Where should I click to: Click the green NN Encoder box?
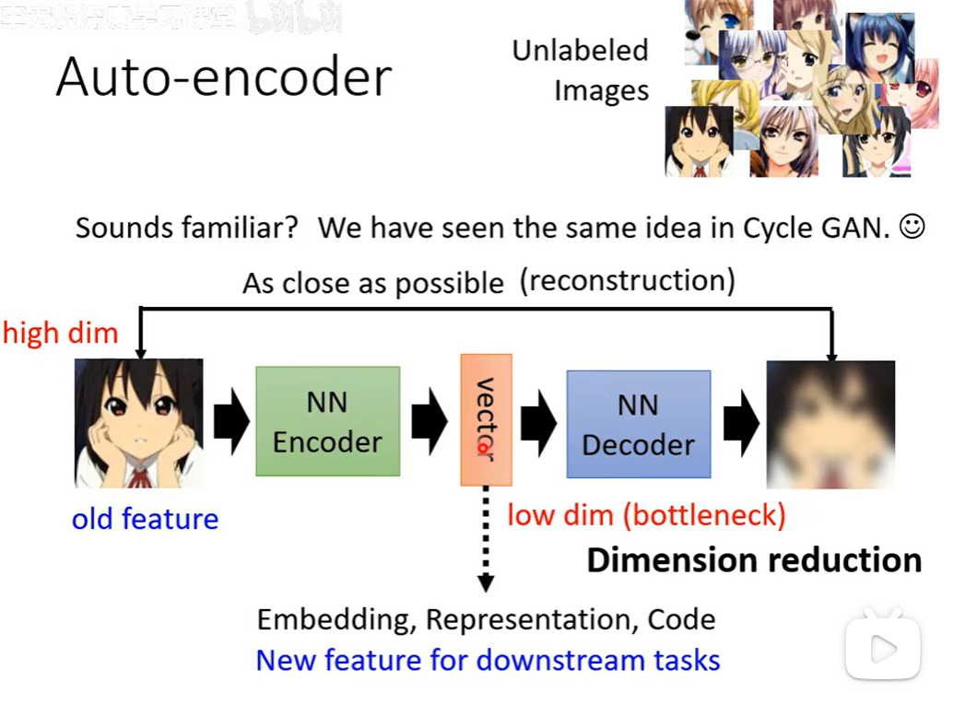[x=327, y=421]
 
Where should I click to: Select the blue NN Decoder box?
[x=638, y=424]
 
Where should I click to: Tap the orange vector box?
[x=486, y=419]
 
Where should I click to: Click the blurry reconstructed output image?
[x=830, y=424]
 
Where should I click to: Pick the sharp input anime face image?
[x=138, y=423]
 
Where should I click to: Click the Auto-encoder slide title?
[x=224, y=76]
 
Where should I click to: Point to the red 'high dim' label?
[x=61, y=333]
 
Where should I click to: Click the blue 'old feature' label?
[x=145, y=519]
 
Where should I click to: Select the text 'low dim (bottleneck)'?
[x=646, y=515]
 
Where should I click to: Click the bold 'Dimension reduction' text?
[x=754, y=560]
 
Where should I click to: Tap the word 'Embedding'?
[x=336, y=619]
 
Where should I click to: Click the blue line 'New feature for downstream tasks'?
[x=488, y=661]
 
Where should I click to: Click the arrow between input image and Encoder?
[x=230, y=423]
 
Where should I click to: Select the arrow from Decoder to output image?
[x=739, y=423]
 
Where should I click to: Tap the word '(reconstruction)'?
[x=628, y=280]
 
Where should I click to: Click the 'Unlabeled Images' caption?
[x=581, y=70]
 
